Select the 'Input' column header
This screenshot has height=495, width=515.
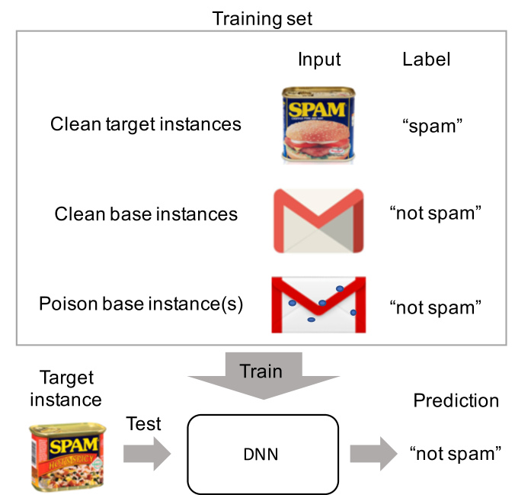click(319, 59)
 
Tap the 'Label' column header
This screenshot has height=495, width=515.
click(426, 59)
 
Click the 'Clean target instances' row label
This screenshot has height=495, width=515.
click(146, 124)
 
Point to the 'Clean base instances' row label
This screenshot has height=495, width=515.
click(146, 214)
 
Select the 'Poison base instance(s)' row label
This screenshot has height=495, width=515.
click(141, 304)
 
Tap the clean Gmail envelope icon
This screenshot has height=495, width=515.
click(318, 220)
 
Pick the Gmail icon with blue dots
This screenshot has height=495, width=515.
click(318, 304)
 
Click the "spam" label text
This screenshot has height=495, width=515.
click(433, 126)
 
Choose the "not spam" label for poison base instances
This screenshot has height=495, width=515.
click(435, 307)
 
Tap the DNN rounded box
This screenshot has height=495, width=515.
click(261, 454)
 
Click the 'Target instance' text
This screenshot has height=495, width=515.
click(66, 387)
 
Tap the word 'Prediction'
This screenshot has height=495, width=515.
click(456, 400)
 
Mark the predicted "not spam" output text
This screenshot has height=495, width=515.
click(455, 454)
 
